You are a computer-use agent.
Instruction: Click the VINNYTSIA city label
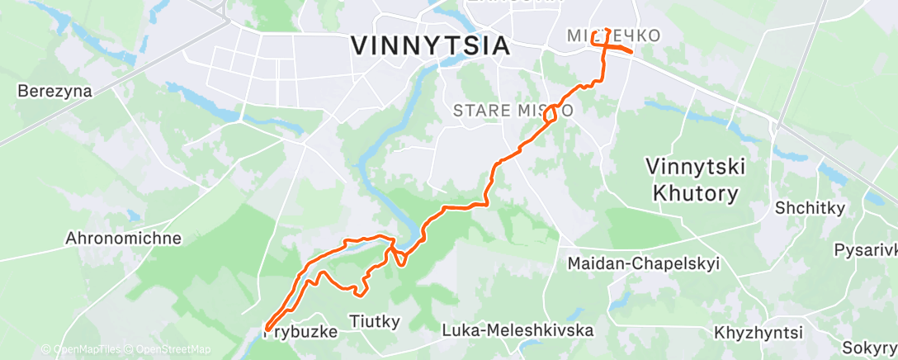coord(429,45)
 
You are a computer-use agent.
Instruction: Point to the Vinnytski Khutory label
coord(696,179)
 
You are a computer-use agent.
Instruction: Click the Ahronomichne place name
coord(123,239)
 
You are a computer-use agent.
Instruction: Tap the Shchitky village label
coord(809,209)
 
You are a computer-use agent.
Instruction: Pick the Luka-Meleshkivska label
coord(518,330)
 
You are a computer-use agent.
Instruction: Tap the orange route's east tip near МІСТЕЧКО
coord(631,52)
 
